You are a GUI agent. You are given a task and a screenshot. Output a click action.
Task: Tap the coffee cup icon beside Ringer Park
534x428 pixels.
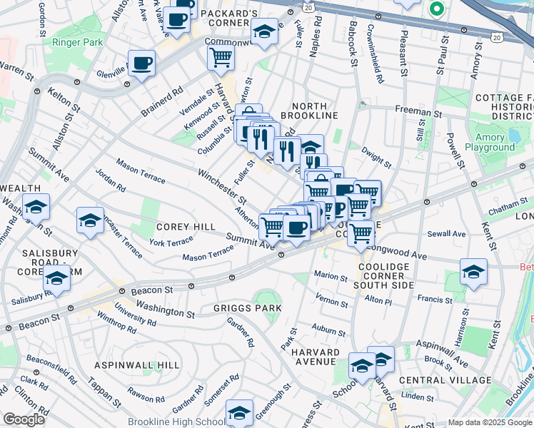point(141,63)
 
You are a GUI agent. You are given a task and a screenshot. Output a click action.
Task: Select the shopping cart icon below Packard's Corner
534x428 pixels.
point(221,56)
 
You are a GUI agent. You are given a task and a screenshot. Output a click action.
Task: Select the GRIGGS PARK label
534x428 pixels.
point(247,308)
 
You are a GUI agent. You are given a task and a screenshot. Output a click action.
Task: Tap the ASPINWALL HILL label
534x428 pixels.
point(138,365)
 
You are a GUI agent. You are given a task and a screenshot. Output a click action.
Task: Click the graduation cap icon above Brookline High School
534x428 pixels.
point(239,412)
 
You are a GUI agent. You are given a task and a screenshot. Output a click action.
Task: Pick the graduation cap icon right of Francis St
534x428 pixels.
point(473,271)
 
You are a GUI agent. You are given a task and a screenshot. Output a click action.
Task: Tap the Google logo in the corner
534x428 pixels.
point(24,419)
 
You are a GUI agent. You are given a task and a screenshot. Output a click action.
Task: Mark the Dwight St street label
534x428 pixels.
point(376,157)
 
